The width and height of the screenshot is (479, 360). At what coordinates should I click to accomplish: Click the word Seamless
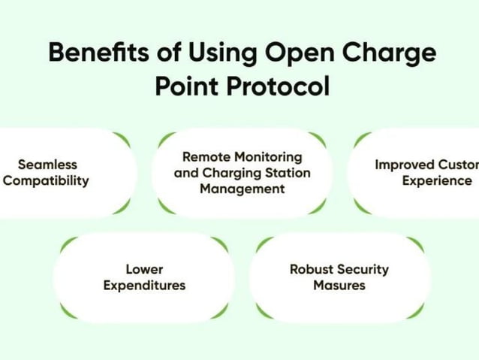pos(47,164)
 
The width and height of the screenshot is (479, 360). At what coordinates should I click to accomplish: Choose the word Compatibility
pos(47,180)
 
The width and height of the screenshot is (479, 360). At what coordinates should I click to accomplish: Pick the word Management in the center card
pos(242,189)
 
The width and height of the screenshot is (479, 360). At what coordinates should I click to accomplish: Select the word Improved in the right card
pos(402,164)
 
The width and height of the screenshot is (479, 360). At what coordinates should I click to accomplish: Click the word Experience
pos(436,180)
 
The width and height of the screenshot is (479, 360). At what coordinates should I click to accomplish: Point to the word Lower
pos(144,269)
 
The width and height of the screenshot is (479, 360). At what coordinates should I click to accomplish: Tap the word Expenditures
pos(144,286)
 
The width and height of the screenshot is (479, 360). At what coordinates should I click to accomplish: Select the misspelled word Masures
pos(339,286)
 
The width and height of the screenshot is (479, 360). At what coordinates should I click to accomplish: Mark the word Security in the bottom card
pos(364,269)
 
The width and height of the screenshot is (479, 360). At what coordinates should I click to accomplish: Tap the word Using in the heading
pos(229,54)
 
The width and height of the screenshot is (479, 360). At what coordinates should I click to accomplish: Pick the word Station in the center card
pos(288,173)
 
